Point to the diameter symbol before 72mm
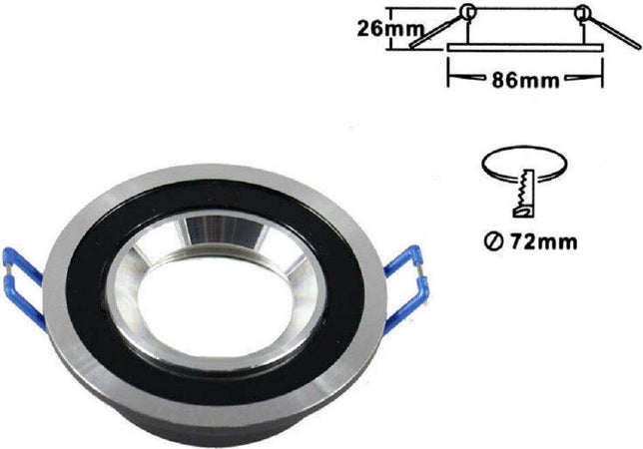(493, 240)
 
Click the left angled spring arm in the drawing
(429, 35)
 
